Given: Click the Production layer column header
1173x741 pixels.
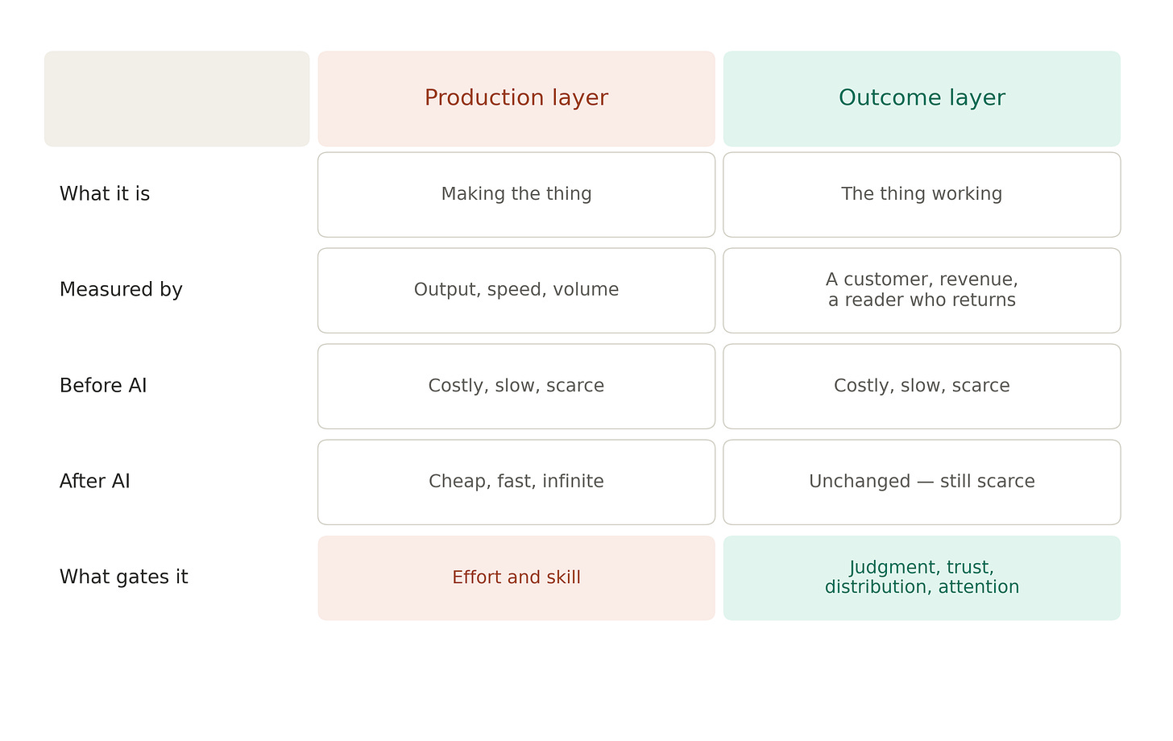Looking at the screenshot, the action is tap(516, 98).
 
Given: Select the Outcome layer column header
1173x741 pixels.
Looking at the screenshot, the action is tap(922, 98).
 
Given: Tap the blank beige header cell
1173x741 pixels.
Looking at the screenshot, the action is tap(177, 98).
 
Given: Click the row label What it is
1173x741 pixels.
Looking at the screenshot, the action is tap(105, 194).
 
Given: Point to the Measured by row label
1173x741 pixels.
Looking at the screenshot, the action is tap(121, 290).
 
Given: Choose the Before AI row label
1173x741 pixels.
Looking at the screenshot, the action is tap(103, 386).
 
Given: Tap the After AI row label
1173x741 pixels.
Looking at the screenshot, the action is tap(95, 482).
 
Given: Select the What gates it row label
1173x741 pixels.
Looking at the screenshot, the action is tap(123, 577).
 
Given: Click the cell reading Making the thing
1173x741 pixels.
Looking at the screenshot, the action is tap(516, 195).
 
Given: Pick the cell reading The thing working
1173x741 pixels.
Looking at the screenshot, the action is tap(922, 195).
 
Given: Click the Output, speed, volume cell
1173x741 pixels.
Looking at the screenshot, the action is tap(516, 291).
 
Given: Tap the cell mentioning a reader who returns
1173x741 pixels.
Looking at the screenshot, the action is tap(922, 291).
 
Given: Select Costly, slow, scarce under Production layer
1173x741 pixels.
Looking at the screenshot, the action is tap(516, 387).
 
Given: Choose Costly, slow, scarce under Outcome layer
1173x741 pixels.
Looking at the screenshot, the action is tap(922, 387).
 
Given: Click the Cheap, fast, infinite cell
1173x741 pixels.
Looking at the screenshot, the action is tap(516, 482).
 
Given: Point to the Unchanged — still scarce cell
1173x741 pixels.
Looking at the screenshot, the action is tap(922, 482).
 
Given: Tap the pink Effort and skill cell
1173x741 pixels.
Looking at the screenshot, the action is tap(516, 578).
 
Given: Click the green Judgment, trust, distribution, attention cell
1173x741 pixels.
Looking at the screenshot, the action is tap(922, 578).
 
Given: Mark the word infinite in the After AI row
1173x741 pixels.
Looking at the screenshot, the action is tap(573, 482).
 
